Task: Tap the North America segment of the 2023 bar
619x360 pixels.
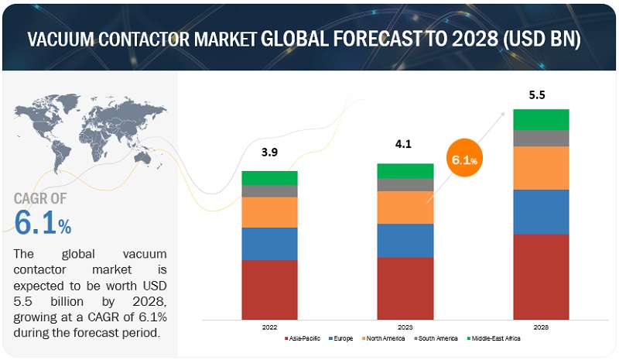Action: click(x=405, y=207)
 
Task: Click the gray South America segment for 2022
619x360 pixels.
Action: click(x=269, y=191)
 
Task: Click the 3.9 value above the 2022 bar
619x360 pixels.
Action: click(x=269, y=153)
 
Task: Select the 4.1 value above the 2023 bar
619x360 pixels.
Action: click(x=405, y=144)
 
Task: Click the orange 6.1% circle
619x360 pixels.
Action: click(x=461, y=160)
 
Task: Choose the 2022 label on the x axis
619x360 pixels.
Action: click(x=269, y=327)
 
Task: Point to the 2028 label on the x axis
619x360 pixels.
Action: click(x=541, y=327)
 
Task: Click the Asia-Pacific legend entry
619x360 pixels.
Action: click(x=306, y=339)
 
